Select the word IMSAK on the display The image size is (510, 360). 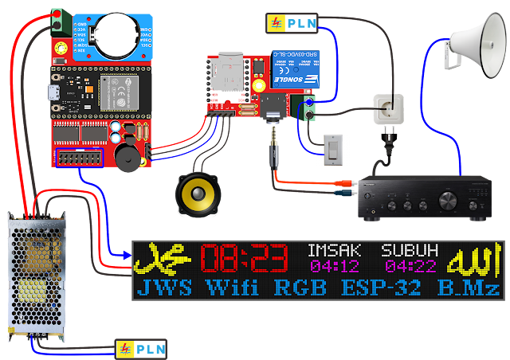point(333,250)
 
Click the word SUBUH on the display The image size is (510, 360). point(409,250)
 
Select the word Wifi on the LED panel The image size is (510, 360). point(232,288)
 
